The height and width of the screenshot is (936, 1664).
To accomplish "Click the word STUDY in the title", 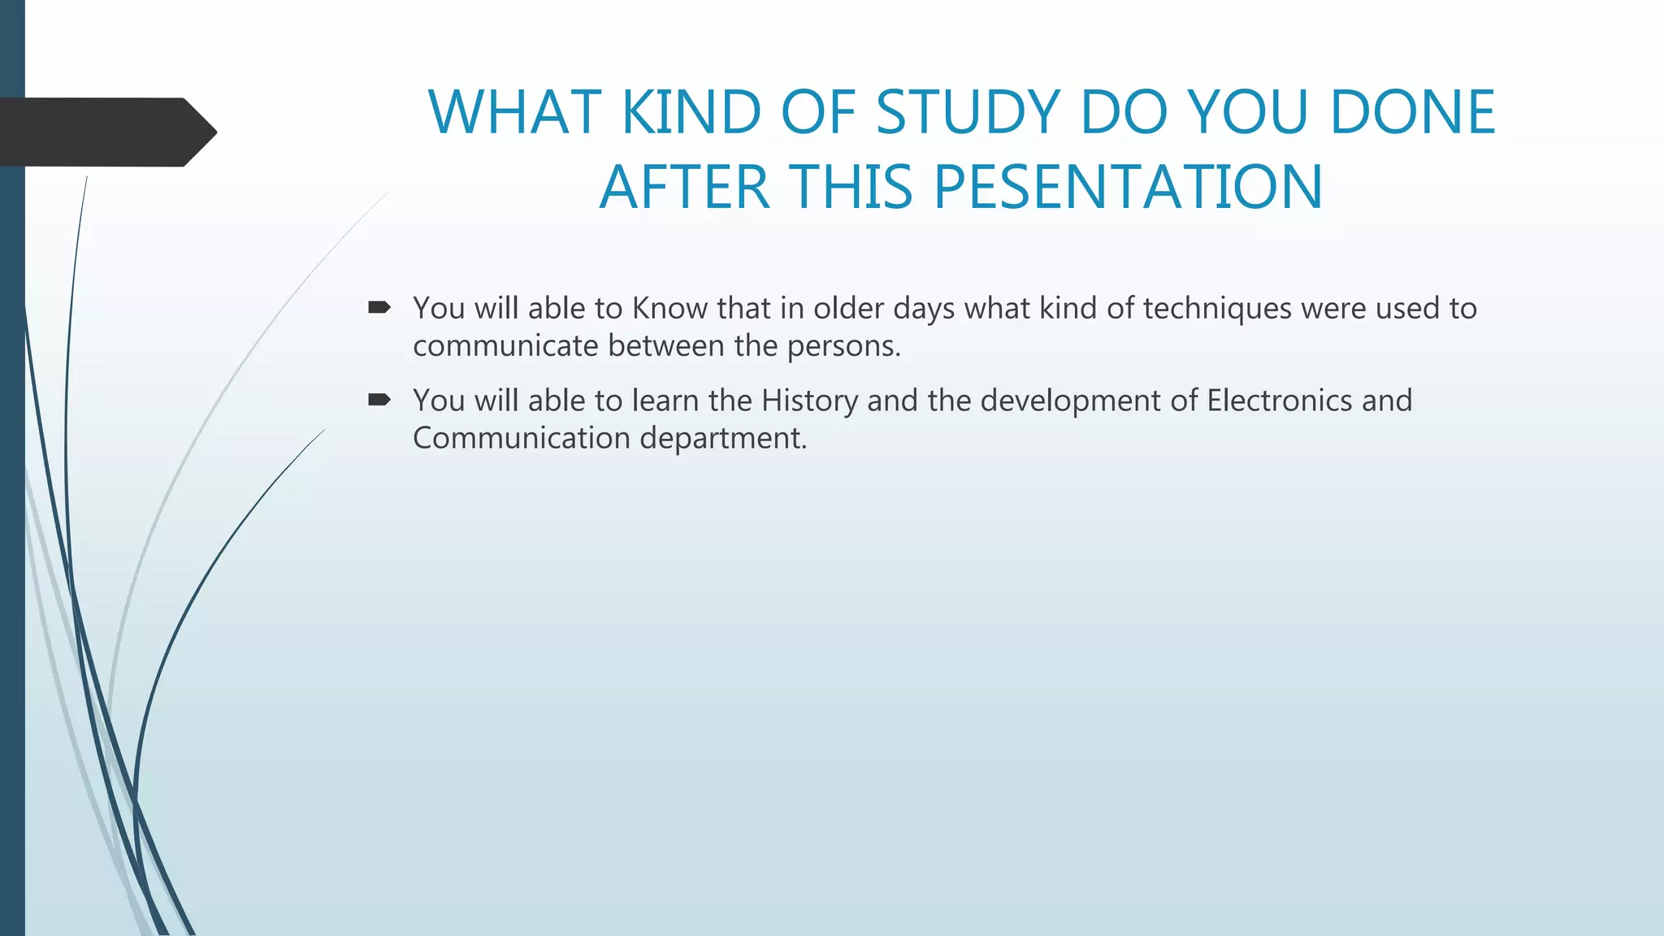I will [x=968, y=112].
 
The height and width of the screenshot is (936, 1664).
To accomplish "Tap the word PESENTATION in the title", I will [x=1129, y=188].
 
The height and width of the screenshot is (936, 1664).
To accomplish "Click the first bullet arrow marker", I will [x=379, y=307].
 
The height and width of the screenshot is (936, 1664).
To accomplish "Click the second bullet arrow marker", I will [x=379, y=399].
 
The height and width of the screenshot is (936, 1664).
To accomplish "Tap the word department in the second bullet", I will [x=722, y=439].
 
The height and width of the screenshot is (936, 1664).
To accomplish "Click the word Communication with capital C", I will [x=521, y=439].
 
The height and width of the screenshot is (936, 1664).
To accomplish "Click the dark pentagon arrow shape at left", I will [x=106, y=132].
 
